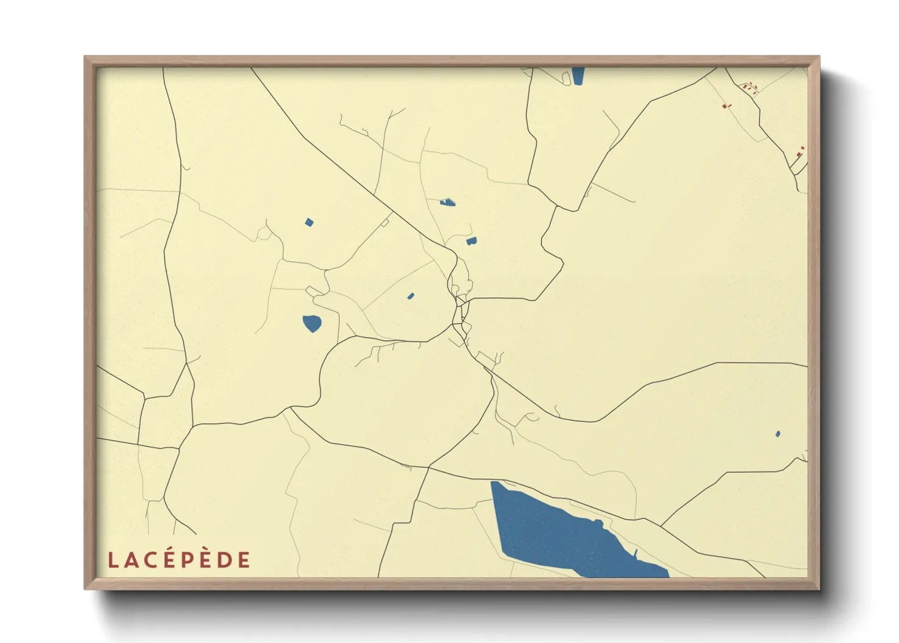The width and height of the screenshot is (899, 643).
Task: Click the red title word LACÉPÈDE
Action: click(x=179, y=560)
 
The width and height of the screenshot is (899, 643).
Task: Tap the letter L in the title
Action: click(x=112, y=560)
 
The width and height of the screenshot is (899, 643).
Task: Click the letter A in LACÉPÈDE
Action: click(x=131, y=560)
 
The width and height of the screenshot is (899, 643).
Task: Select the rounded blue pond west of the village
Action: click(x=312, y=323)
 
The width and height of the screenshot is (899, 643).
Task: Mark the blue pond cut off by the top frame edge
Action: click(x=578, y=75)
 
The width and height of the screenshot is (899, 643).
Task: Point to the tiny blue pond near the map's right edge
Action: click(x=778, y=434)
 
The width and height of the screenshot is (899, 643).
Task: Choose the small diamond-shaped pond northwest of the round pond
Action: click(x=309, y=222)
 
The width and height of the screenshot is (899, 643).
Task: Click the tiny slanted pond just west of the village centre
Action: click(x=411, y=296)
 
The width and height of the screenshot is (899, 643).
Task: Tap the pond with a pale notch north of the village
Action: click(x=448, y=202)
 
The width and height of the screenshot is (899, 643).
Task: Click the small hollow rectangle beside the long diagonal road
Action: click(x=385, y=223)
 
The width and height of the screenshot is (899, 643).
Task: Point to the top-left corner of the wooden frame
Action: click(x=86, y=57)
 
